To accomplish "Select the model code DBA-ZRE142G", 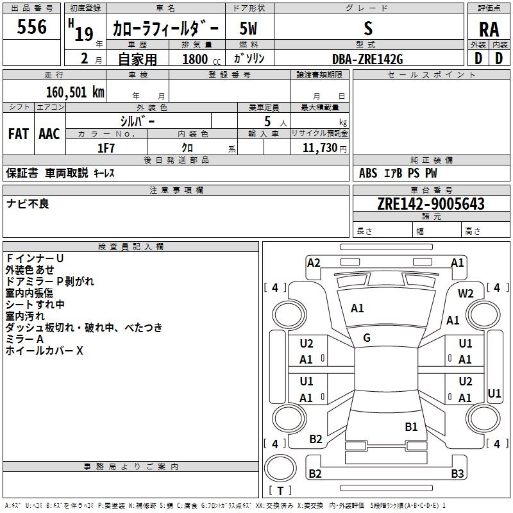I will [367, 58].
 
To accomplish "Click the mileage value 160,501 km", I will [74, 92].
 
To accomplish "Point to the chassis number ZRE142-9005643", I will [430, 204].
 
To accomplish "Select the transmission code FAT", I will [18, 134].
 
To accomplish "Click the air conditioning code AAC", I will [49, 134].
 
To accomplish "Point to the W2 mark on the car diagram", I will [466, 294].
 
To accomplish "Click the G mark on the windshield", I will [367, 338].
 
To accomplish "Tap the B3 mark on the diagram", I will [457, 474].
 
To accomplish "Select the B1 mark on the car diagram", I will [411, 426].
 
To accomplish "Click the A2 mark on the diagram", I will [314, 262].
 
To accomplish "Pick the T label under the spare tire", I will [280, 491].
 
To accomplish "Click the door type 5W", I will [248, 28].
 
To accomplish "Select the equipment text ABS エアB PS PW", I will [398, 172].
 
